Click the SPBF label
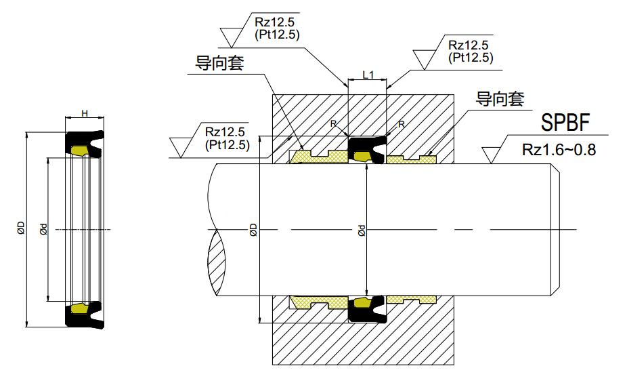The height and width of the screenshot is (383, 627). pos(565,123)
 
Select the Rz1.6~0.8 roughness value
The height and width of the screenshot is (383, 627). pos(559,150)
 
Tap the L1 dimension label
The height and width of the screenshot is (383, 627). pos(368,75)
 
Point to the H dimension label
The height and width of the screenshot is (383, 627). pos(85,113)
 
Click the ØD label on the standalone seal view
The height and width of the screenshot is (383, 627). pos(21,228)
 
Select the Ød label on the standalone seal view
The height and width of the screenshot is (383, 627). pos(43,228)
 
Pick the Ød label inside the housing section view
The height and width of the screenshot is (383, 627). pos(361,230)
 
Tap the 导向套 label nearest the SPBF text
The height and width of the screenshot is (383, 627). pos(500,100)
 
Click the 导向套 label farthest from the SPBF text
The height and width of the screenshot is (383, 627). pos(219,63)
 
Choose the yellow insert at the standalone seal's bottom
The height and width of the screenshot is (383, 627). pos(81,308)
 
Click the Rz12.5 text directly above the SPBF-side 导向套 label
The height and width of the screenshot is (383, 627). pos(470,46)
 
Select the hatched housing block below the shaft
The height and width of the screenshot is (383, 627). pos(362,342)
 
